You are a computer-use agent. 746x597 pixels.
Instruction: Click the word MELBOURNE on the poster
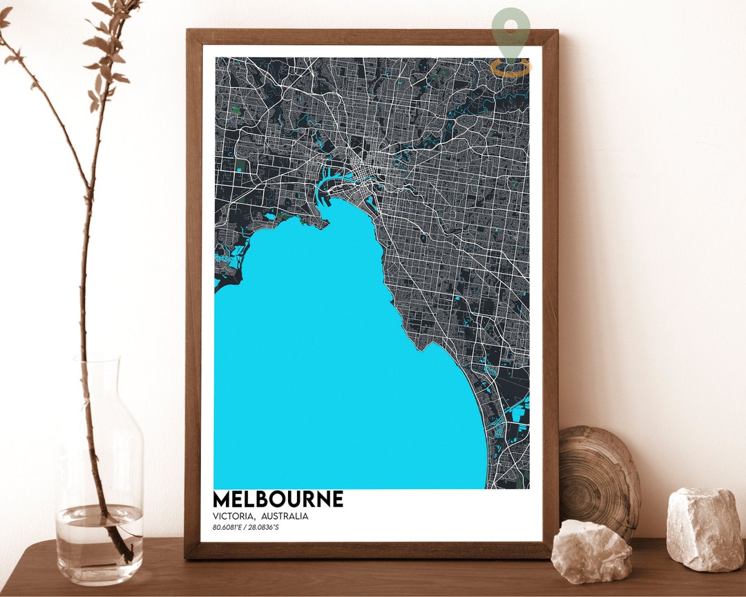278,500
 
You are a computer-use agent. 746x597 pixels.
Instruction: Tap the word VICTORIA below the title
233,516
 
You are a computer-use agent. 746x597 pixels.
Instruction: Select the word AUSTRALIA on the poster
285,516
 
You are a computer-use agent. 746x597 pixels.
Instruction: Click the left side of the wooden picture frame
193,290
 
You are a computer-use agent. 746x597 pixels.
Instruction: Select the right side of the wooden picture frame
550,290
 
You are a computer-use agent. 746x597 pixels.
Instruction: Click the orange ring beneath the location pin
511,67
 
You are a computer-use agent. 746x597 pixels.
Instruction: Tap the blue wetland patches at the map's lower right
517,415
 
